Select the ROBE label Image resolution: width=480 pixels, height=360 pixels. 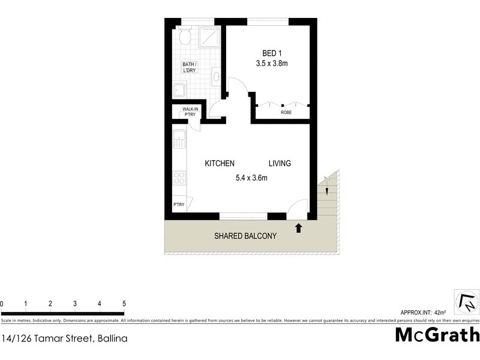[286, 112]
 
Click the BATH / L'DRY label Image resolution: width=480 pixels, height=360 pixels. [190, 67]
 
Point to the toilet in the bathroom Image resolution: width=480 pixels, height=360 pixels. [185, 39]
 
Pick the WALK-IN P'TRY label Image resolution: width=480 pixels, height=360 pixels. [184, 112]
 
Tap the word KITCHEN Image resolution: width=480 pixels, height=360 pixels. [220, 163]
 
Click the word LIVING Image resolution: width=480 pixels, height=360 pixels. [280, 163]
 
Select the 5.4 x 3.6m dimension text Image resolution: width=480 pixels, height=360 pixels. [251, 178]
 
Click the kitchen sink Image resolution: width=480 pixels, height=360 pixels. [179, 142]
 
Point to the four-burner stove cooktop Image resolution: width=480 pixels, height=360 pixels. [179, 178]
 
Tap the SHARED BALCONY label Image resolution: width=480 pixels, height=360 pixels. [245, 236]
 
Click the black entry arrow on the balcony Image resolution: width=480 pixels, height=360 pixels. [298, 227]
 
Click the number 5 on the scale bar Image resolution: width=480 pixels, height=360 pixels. [124, 304]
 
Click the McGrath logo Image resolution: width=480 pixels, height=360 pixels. [437, 335]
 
